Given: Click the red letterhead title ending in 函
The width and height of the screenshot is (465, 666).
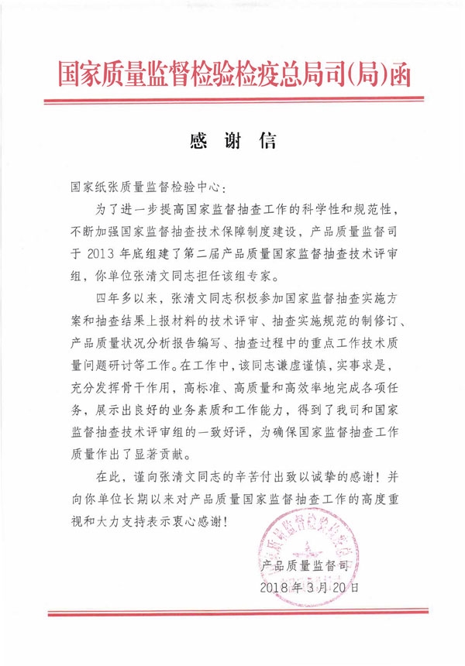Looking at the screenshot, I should tap(232, 74).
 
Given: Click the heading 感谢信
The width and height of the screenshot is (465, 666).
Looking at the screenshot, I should tap(232, 142).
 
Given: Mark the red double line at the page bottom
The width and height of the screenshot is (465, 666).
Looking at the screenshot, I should tap(232, 616).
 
